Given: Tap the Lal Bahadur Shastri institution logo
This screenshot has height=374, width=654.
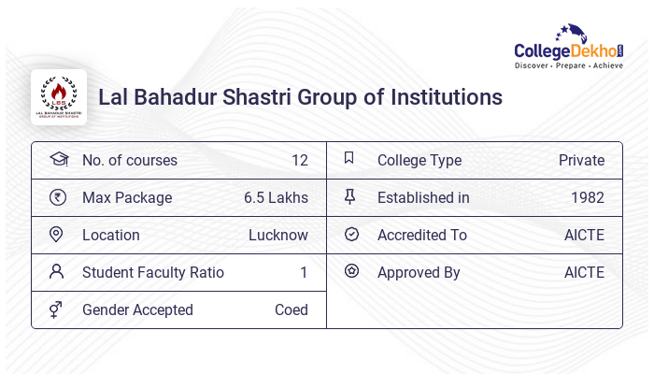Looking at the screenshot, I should pos(59,97).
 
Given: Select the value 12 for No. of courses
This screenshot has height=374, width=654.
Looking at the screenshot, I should pos(299,160).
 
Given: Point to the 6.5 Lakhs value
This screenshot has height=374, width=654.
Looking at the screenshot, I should pos(276,197).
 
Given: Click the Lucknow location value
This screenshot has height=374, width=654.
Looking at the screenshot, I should pos(277,235).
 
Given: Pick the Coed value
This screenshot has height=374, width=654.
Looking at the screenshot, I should pos(291,309).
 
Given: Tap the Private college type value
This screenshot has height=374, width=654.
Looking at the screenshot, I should pos(581,160).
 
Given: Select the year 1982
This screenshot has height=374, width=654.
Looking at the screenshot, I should pos(587,197).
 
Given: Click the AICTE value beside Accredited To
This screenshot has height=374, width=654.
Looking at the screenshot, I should pos(584,235).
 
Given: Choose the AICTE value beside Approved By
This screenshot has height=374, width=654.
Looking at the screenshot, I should pos(584,272).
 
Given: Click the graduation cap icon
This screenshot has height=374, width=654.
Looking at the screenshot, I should pos(58,159).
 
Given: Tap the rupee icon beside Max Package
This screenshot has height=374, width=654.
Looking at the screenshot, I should pos(58,197).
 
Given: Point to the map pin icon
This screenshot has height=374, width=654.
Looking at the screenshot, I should pos(57,235).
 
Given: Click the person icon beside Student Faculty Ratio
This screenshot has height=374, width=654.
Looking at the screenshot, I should pos(57,272).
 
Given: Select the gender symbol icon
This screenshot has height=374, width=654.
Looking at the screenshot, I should pos(57,309).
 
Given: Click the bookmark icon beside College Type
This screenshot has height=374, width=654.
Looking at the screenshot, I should pos(349,159).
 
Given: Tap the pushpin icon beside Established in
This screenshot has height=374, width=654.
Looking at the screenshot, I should pos(350,197).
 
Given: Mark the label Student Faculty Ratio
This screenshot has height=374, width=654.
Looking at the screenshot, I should pos(153,272).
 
